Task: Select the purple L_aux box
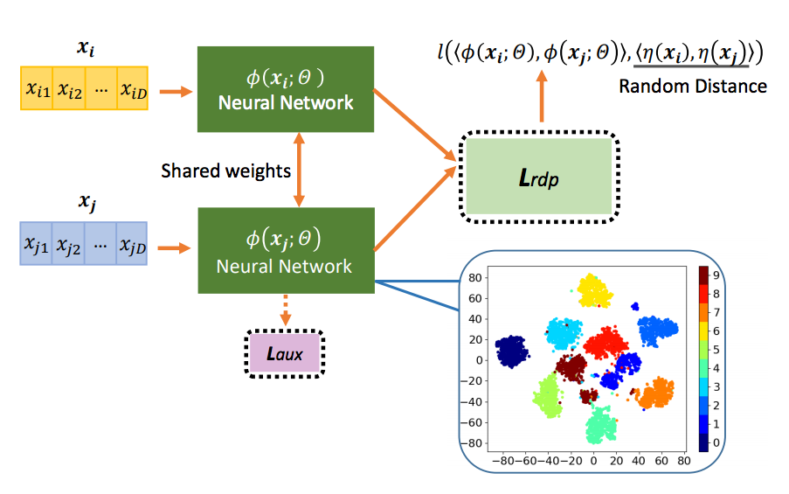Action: tap(286, 354)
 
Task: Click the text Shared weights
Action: tap(225, 170)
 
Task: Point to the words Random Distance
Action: tap(692, 86)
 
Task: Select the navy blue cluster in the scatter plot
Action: tap(511, 351)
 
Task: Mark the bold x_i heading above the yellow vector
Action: tap(85, 49)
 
